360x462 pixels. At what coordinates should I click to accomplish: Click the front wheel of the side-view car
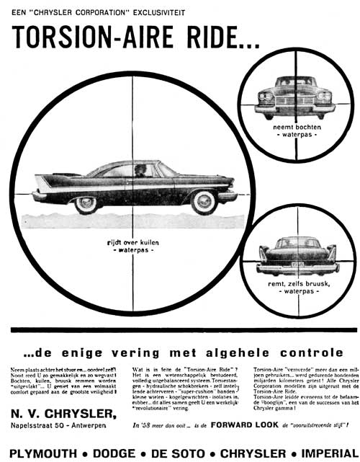coord(204,202)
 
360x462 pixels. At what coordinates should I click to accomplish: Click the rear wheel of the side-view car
coord(86,203)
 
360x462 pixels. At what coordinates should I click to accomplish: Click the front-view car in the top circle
coord(294,97)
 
